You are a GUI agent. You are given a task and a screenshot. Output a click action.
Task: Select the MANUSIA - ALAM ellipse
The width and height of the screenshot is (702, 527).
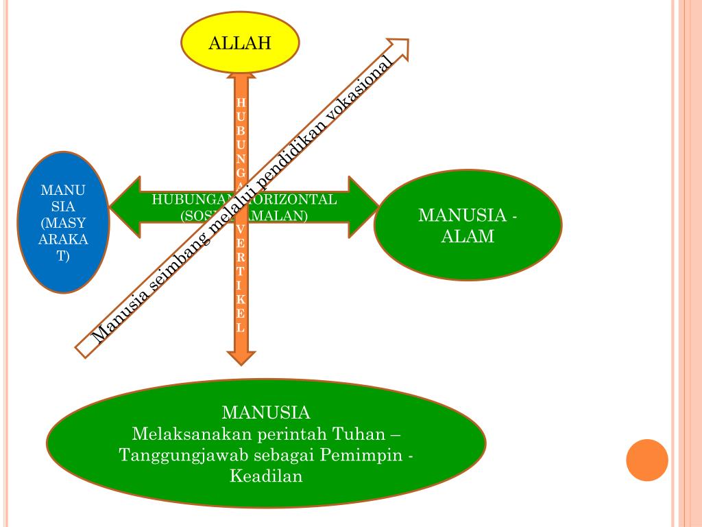(468, 226)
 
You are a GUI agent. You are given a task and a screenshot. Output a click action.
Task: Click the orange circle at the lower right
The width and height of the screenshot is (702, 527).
(646, 460)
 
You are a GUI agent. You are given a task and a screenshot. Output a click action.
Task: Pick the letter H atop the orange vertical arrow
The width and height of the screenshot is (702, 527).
(241, 102)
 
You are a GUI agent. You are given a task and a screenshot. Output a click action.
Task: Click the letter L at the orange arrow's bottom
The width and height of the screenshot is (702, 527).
(241, 327)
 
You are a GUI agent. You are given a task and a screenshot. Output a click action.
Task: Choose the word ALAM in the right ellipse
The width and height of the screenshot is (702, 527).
(468, 237)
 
